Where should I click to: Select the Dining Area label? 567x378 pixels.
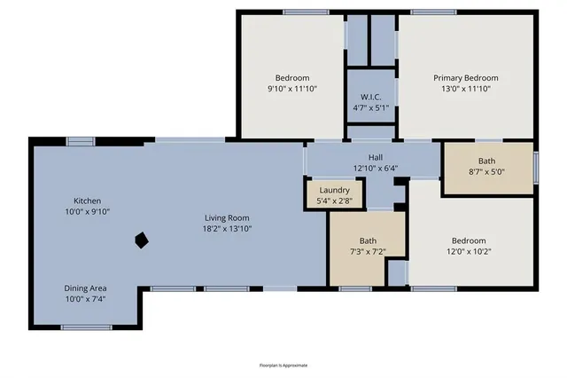(x=87, y=288)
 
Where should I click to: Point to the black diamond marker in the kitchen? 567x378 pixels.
(x=140, y=240)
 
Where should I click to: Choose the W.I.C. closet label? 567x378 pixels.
(x=370, y=97)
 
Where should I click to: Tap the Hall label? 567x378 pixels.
(x=375, y=156)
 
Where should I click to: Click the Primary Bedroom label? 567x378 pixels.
(x=465, y=77)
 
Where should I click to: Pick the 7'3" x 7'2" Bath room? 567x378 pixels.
(x=367, y=246)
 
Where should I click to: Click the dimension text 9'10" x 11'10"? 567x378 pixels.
(x=291, y=89)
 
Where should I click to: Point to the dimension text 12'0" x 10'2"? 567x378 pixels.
(x=469, y=252)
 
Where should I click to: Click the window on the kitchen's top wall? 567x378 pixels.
(x=82, y=139)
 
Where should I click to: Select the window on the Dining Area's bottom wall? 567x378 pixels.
(x=87, y=327)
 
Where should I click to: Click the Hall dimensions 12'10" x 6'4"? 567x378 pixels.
(x=375, y=168)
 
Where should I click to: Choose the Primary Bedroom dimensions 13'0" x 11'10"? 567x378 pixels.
(x=465, y=89)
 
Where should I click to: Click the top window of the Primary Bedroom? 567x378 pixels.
(x=433, y=12)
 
